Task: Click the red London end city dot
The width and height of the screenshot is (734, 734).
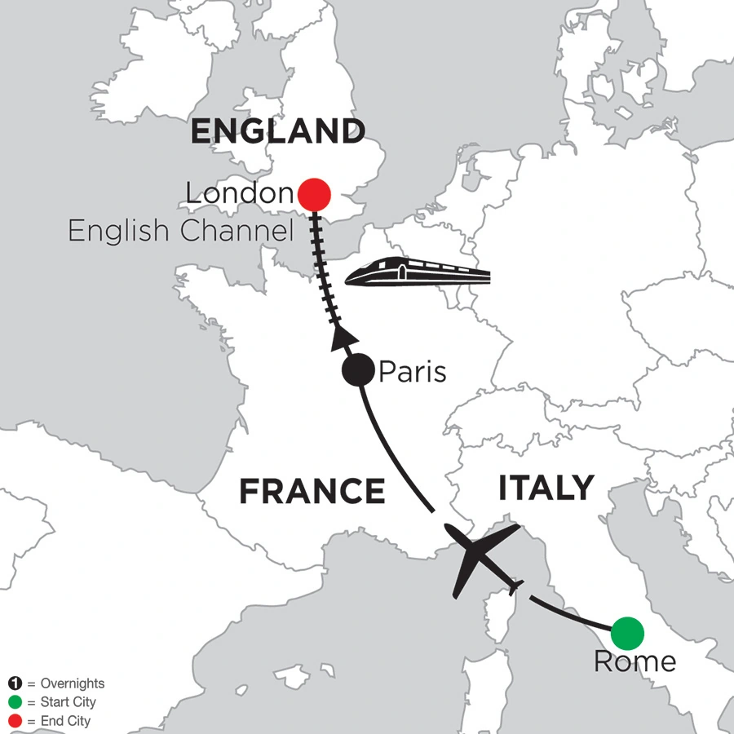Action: coord(314,195)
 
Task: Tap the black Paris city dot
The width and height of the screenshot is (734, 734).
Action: coord(357,372)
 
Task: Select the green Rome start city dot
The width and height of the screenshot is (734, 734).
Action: coord(627,632)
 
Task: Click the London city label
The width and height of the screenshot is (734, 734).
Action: coord(238,194)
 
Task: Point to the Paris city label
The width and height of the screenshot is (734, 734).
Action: coord(412,373)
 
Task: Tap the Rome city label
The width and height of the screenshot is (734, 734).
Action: coord(635,661)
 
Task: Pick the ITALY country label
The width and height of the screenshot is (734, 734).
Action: coord(546,488)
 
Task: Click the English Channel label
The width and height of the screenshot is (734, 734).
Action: coord(180,232)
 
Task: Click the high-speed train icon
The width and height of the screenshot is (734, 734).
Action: coord(418,272)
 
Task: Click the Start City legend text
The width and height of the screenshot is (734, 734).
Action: coord(61,702)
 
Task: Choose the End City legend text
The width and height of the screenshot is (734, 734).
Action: coord(58,721)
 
